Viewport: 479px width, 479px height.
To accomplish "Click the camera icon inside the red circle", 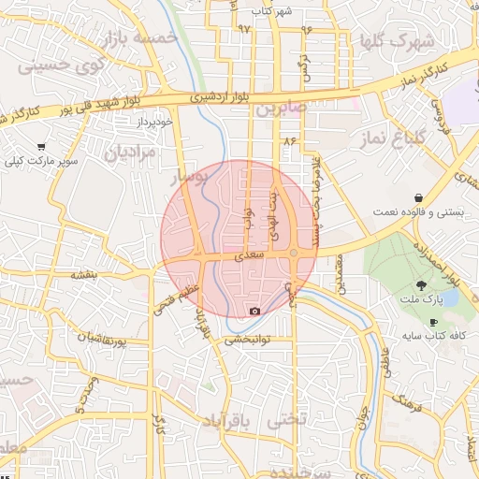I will tap(254, 311).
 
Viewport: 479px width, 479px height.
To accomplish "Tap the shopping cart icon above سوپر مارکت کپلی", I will tap(42, 147).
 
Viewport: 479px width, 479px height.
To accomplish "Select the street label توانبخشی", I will tap(252, 341).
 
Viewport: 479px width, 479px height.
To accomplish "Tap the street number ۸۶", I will tap(288, 140).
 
